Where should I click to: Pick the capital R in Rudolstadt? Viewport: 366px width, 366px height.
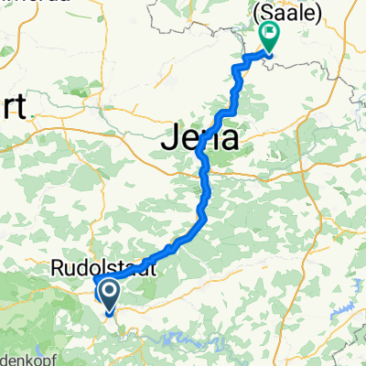coord(55,270)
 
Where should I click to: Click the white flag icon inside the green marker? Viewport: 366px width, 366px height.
coord(271,34)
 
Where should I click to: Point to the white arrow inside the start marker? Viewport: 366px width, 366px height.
coord(107,292)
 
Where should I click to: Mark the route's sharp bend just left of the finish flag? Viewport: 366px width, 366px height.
coord(244,59)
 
